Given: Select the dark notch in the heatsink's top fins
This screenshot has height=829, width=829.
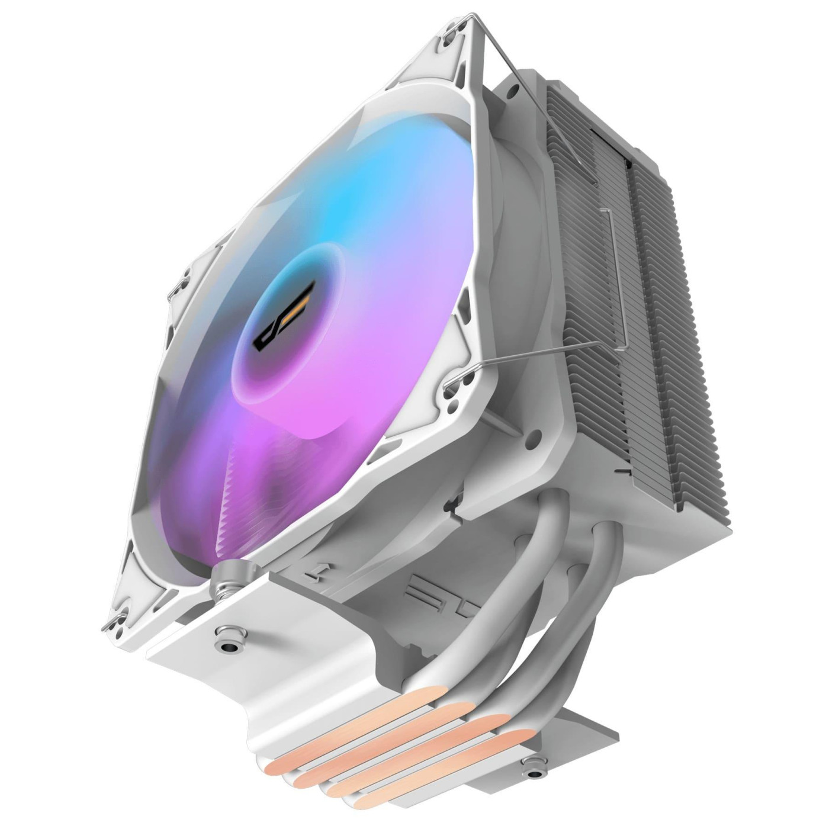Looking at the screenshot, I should click(611, 131).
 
